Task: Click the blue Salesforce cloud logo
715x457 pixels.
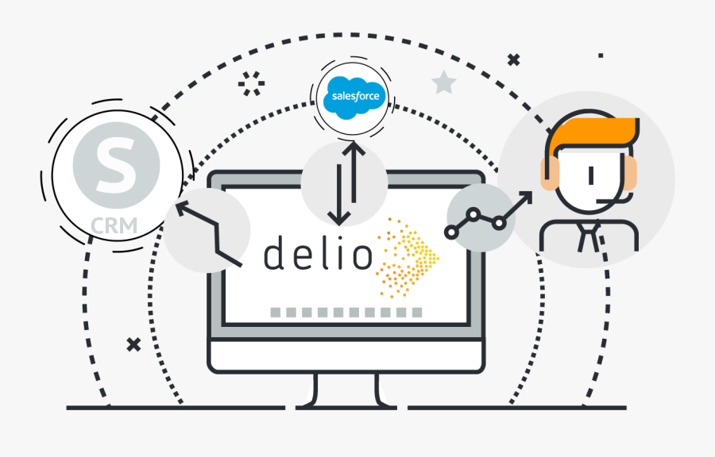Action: [354, 98]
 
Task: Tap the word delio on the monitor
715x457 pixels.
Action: [318, 252]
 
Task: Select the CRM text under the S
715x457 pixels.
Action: [114, 225]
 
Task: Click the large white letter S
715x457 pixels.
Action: [116, 165]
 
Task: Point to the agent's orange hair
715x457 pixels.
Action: [593, 133]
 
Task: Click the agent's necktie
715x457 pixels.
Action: [588, 236]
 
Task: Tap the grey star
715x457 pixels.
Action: [443, 83]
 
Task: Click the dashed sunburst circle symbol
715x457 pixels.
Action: [251, 83]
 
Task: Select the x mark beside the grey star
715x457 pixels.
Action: [513, 60]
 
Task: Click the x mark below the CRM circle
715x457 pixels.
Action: [133, 344]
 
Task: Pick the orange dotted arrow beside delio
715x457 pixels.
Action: [408, 258]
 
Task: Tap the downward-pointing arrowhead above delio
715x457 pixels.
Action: [338, 218]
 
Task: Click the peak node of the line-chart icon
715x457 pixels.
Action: [473, 214]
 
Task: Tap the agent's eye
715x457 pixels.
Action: [591, 175]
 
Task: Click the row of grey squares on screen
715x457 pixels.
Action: [346, 313]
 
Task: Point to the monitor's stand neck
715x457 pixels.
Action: [346, 390]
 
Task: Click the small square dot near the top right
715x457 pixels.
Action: [601, 56]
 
